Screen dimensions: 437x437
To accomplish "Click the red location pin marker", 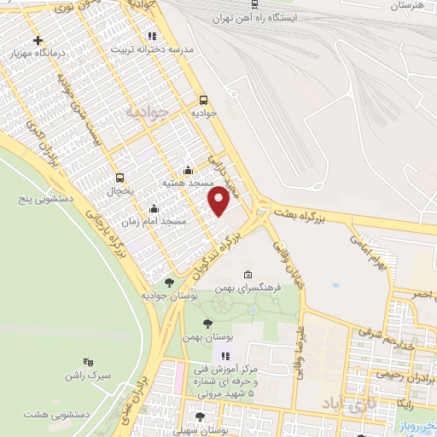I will [x=219, y=201].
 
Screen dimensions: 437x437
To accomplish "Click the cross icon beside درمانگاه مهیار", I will [x=38, y=40].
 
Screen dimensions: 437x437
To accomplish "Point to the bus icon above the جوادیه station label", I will [x=202, y=98].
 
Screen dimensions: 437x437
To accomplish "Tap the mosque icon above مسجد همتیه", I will [x=189, y=171].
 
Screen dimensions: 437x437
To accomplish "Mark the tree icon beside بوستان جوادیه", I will [x=170, y=282].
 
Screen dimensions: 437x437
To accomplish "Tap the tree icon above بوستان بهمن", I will [x=207, y=324].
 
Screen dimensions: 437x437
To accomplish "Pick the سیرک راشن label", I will [x=110, y=376].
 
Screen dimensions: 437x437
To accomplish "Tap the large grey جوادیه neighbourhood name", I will [x=143, y=114].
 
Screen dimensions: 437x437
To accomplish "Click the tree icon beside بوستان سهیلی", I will [x=200, y=417].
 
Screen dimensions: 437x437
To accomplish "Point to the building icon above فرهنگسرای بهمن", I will [x=248, y=275].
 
